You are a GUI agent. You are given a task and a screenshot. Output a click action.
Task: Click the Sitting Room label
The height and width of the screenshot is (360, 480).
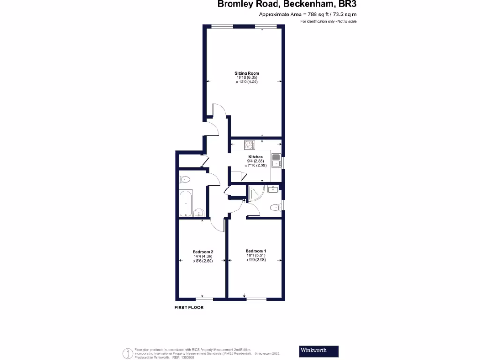point(247,73)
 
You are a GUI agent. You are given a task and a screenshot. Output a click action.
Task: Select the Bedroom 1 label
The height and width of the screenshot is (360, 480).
point(255,251)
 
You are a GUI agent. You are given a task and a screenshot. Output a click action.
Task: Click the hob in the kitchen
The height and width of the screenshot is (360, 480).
point(249,144)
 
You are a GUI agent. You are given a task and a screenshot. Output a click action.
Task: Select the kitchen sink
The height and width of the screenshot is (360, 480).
point(276,160)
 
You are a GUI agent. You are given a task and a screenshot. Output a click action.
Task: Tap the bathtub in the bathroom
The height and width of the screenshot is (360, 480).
point(187,203)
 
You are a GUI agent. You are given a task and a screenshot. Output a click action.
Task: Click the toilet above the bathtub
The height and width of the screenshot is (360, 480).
point(185,179)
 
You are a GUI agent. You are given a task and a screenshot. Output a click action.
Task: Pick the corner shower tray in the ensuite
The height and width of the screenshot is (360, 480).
point(256,192)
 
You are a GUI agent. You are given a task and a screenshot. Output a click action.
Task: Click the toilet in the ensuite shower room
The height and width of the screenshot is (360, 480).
point(275,208)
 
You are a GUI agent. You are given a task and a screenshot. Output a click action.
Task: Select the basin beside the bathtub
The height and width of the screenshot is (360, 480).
point(198,211)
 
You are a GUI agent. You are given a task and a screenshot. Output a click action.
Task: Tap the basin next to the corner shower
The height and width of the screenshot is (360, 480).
point(273,189)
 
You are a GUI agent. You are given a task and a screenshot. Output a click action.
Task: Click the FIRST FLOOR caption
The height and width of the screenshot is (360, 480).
point(188,308)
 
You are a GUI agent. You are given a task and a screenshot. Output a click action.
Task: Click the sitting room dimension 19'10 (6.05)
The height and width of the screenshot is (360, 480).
point(247,77)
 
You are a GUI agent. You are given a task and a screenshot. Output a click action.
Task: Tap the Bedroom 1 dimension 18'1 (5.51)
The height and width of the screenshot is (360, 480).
point(255,255)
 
